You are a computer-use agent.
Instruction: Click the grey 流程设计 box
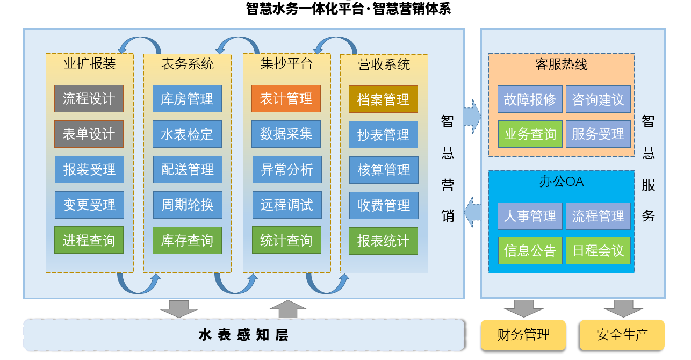pos(89,99)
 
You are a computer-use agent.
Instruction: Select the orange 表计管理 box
pos(286,99)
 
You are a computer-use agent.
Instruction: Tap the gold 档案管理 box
pos(383,99)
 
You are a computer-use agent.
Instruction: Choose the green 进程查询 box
pos(89,240)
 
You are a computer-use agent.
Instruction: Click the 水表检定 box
pos(187,134)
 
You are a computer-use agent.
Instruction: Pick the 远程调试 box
pos(286,205)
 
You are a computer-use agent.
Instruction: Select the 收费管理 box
pos(384,205)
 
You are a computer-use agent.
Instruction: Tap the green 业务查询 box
pos(530,134)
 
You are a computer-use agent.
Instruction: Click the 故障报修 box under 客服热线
pos(530,99)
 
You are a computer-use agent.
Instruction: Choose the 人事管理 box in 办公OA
pos(530,216)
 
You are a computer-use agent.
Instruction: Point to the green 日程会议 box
pos(598,251)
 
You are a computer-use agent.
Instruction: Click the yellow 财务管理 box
pos(523,335)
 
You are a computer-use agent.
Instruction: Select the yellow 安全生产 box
pos(622,335)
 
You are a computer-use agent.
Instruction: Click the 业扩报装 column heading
pos(90,64)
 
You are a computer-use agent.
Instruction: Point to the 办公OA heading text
pos(561,182)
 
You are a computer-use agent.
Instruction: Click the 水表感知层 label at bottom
pos(243,335)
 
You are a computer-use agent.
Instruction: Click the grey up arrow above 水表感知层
pos(287,309)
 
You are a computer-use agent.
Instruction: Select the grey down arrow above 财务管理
pos(523,308)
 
